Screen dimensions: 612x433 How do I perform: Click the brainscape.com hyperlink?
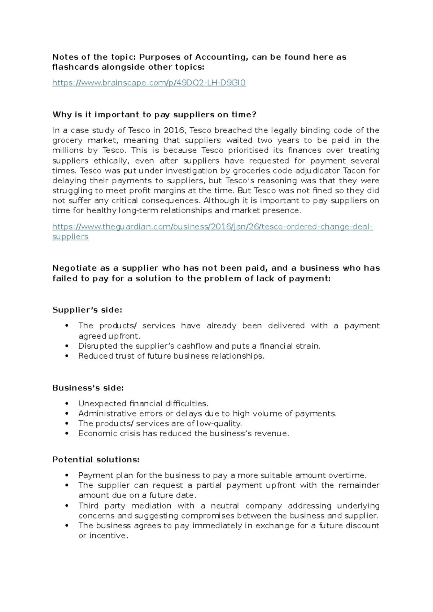149,83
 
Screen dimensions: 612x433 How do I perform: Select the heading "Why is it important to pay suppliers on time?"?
154,115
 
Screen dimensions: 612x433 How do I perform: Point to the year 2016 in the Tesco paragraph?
174,130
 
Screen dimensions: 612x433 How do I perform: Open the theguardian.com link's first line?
212,227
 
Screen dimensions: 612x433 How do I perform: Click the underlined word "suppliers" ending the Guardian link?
70,237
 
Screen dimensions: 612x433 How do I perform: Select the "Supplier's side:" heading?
87,310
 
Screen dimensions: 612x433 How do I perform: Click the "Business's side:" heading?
88,388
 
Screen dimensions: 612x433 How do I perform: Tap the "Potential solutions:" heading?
96,460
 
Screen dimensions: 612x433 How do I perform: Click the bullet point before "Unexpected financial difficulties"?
66,404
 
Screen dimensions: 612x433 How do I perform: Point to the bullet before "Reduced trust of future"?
66,356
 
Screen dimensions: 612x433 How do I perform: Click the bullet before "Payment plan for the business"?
66,476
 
